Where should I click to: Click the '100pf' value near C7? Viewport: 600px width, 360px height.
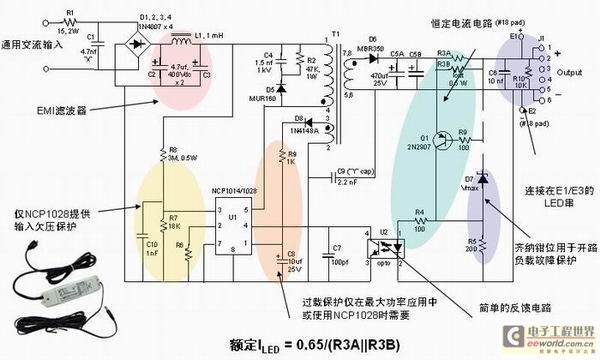point(337,261)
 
